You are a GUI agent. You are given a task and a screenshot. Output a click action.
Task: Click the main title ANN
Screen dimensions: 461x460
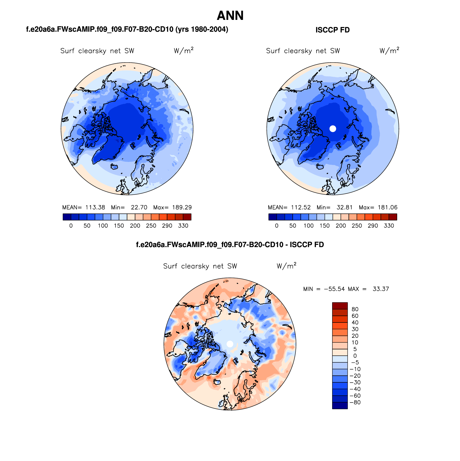[x=230, y=16]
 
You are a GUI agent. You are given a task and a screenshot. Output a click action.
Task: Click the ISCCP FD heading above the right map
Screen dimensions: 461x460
[x=332, y=30]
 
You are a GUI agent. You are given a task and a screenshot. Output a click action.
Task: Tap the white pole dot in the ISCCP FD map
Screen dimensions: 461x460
[x=333, y=129]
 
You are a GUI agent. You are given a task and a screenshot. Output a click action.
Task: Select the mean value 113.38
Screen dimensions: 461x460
[x=95, y=207]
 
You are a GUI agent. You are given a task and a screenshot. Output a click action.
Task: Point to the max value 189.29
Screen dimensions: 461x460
[x=182, y=207]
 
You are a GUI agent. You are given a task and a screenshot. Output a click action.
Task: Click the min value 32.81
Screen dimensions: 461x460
[x=344, y=207]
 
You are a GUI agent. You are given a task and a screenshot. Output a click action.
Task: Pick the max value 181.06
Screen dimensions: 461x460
[x=387, y=207]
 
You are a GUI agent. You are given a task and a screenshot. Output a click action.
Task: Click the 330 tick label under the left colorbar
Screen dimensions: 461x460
[x=183, y=226]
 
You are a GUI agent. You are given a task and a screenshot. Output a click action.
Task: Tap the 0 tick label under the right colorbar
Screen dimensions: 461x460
[x=277, y=226]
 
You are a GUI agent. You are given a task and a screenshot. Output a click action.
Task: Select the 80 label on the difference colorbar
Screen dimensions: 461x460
[x=355, y=309]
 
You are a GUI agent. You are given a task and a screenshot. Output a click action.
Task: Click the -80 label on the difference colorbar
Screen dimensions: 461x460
[x=355, y=402]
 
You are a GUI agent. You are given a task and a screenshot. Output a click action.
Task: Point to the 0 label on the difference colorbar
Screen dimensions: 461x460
[x=355, y=356]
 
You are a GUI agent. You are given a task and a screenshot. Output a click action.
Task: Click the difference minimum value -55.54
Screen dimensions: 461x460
[x=334, y=289]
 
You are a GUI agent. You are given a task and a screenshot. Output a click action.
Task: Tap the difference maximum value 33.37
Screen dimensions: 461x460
[x=381, y=289]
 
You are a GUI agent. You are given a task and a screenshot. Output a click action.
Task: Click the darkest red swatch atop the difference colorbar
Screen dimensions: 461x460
[x=340, y=306]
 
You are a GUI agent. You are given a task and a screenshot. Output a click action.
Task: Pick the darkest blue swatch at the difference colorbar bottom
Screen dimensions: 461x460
[x=340, y=405]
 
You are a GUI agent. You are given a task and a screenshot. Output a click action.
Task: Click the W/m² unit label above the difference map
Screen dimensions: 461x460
[x=286, y=266]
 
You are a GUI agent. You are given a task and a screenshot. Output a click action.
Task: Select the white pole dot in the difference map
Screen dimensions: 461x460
[x=230, y=344]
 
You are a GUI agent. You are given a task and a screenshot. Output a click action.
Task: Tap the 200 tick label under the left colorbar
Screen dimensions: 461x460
[x=135, y=226]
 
